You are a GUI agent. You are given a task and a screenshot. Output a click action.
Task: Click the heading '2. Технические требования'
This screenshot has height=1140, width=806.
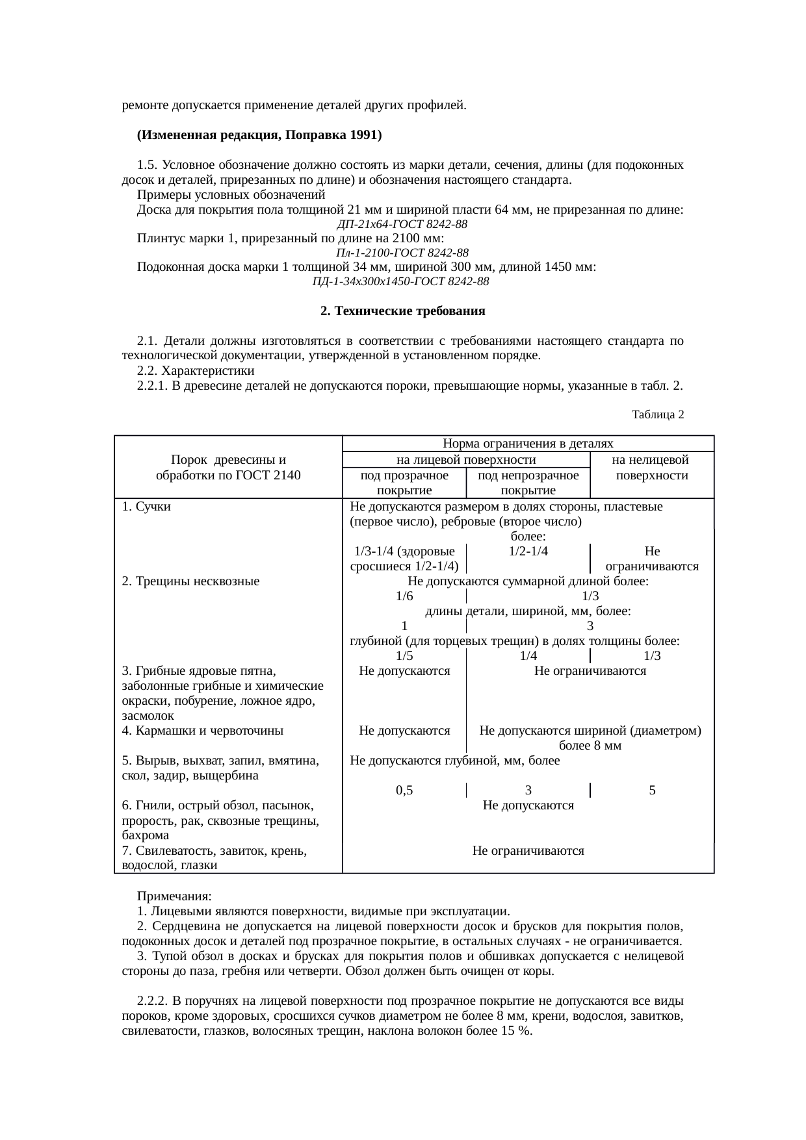[x=403, y=311]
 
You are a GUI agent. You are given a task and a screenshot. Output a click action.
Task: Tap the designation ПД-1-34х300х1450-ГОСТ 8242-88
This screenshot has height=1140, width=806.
[x=400, y=281]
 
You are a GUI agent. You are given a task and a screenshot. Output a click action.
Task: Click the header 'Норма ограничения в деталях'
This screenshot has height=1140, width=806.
[x=528, y=444]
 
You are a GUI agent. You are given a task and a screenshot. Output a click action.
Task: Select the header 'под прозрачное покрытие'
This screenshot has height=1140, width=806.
[x=404, y=483]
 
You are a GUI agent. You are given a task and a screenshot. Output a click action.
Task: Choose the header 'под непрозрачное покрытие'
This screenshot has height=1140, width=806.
[x=528, y=483]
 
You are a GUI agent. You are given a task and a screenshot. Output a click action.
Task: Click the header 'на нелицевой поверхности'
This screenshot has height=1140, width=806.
[x=651, y=468]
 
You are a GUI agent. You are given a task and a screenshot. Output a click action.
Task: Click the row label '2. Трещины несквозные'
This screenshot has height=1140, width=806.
[x=190, y=581]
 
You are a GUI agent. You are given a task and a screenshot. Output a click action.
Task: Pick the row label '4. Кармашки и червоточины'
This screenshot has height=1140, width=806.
[x=202, y=730]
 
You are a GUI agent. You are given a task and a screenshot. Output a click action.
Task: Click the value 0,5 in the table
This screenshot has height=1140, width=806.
[x=404, y=791]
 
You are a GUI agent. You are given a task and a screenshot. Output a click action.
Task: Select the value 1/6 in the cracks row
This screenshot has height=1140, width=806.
[x=404, y=596]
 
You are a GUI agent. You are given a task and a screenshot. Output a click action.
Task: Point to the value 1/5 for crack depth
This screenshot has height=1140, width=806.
[x=404, y=656]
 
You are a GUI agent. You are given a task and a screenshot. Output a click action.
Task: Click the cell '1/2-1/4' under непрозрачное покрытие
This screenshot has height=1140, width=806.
[x=528, y=551]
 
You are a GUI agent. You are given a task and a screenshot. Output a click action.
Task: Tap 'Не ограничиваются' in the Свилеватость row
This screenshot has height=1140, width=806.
[x=528, y=850]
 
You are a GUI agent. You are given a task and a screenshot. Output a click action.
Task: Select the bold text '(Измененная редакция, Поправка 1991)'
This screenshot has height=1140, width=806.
[x=259, y=135]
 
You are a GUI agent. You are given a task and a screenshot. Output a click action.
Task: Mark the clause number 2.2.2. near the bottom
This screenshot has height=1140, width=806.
[x=153, y=1001]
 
